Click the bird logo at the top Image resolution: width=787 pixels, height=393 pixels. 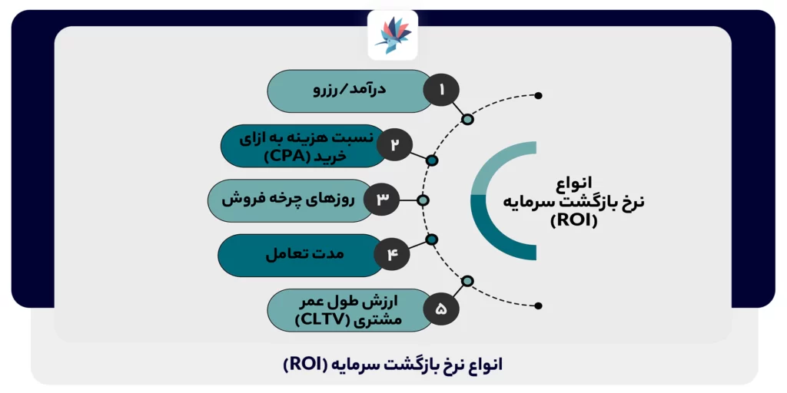pos(393,35)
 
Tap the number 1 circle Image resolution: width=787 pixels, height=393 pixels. pos(442,91)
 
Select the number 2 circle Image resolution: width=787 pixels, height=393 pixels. pos(394,145)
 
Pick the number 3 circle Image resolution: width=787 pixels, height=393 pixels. pos(382,200)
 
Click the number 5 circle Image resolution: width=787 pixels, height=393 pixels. pos(440,310)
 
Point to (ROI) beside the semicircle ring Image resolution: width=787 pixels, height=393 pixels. pos(574,222)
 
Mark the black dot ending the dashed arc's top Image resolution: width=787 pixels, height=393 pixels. pos(538,95)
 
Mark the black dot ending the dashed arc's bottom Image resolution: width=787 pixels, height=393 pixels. pos(538,305)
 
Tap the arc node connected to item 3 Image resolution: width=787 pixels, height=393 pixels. pos(422,200)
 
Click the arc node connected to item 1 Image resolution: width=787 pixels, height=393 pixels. pos(467,119)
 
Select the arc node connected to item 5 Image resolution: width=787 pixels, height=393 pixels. pos(467,281)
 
